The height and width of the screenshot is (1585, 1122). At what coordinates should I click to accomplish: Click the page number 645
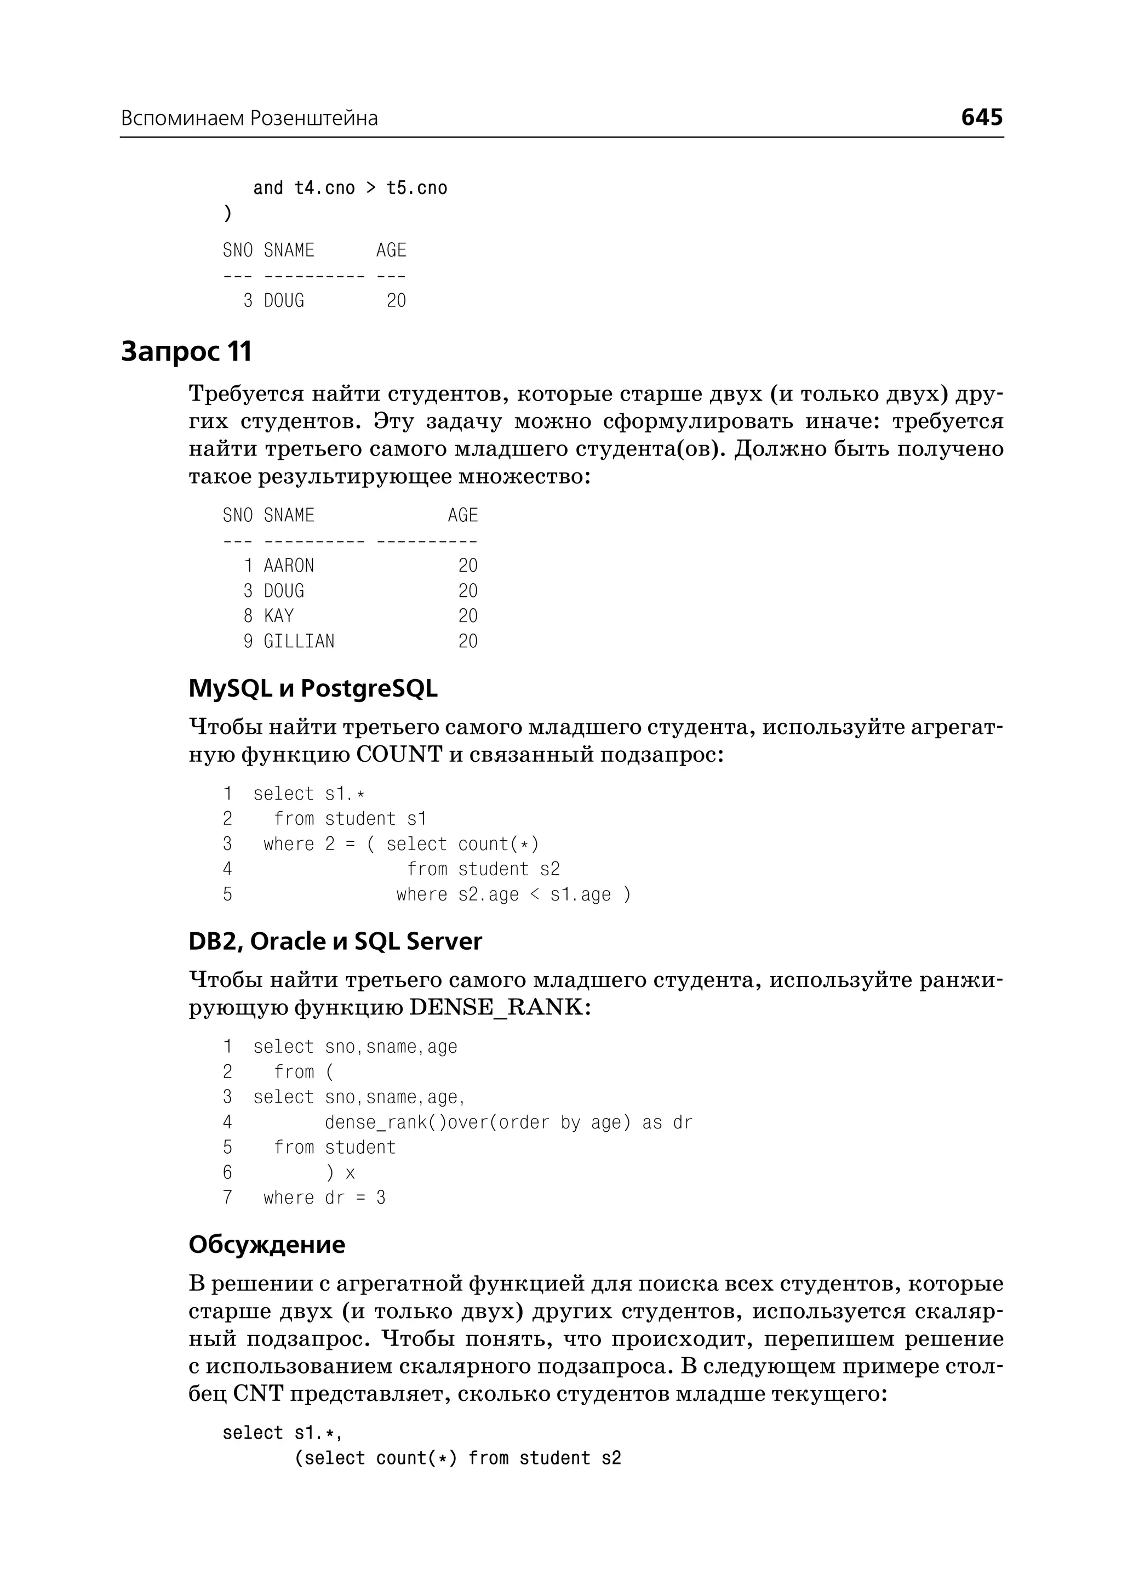click(981, 117)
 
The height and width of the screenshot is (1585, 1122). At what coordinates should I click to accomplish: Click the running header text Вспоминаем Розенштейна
click(249, 119)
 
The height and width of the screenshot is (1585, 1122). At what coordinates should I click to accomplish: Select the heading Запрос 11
click(186, 351)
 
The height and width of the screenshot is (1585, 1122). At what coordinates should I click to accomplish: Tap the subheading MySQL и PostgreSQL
click(313, 688)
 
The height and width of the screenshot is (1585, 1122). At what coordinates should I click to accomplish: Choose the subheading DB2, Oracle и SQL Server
click(335, 942)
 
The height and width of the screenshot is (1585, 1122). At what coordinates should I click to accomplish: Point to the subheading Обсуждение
click(267, 1244)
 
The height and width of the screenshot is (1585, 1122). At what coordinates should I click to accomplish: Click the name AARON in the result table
click(289, 566)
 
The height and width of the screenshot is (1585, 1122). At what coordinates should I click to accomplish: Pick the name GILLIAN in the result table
click(299, 641)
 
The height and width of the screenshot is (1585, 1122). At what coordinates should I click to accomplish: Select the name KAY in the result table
click(279, 616)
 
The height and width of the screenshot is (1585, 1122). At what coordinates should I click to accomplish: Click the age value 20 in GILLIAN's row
click(468, 641)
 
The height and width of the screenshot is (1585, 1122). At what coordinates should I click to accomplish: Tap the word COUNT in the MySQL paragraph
click(399, 755)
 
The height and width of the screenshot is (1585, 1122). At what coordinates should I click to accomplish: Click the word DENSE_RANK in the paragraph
click(496, 1008)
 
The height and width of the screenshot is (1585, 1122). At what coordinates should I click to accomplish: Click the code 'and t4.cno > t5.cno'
click(350, 188)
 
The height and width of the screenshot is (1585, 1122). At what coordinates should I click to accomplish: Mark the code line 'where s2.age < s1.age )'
click(513, 895)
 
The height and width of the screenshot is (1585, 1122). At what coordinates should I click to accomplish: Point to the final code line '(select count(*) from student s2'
click(457, 1458)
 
